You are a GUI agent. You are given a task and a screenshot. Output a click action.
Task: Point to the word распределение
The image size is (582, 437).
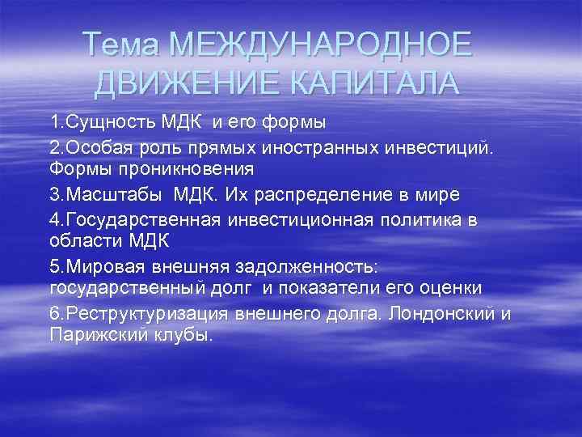pos(318,194)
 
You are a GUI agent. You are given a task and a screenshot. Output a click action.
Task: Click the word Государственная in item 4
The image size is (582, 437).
pos(142,218)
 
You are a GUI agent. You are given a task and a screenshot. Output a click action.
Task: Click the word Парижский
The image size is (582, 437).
pos(96,334)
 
